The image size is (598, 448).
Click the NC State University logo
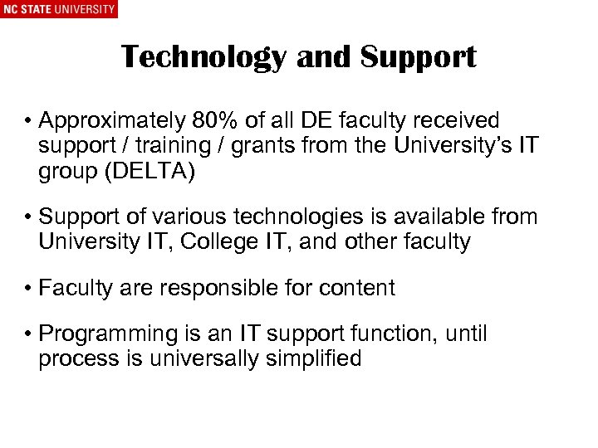(59, 10)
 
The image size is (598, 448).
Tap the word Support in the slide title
(419, 57)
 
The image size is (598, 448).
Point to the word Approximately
(113, 122)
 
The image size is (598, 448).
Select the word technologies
(287, 217)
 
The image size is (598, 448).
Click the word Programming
(107, 335)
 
